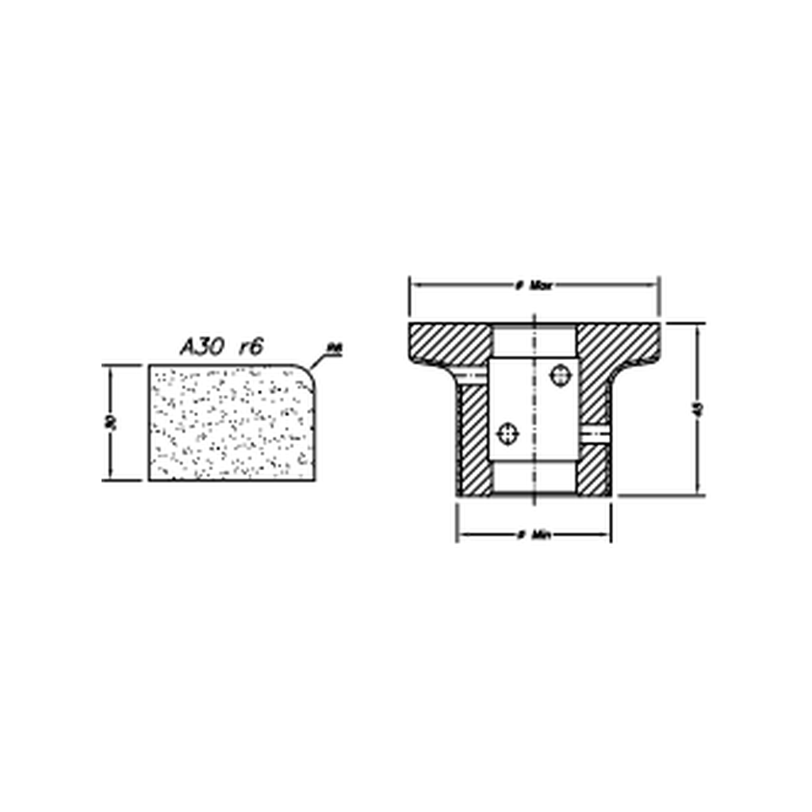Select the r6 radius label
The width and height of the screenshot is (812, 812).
[x=249, y=347]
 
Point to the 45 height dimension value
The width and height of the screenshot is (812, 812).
[x=698, y=409]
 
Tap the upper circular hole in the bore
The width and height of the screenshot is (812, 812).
[x=561, y=374]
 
